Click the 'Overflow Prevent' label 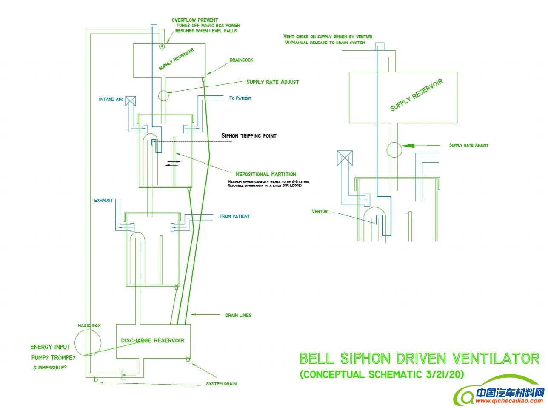(195, 20)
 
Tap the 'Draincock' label (241, 60)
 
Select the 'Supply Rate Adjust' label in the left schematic (272, 82)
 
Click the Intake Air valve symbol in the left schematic (131, 100)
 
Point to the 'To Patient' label (240, 98)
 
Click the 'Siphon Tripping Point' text (249, 136)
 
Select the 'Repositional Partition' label (266, 174)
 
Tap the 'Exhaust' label (104, 200)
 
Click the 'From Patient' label (235, 216)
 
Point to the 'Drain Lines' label (238, 316)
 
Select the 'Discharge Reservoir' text (153, 340)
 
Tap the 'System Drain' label (221, 384)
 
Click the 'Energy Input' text (50, 347)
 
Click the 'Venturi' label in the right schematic (320, 211)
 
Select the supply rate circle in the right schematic (394, 150)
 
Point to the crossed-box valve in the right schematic (344, 158)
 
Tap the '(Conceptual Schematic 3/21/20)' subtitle (382, 375)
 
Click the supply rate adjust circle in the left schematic (164, 95)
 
